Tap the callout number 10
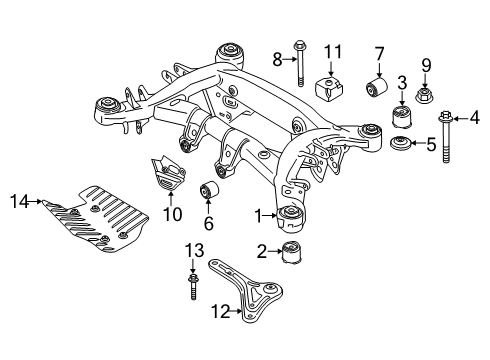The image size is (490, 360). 168,213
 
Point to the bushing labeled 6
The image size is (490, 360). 211,190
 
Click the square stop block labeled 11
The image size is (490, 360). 329,88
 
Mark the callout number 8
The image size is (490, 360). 278,59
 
